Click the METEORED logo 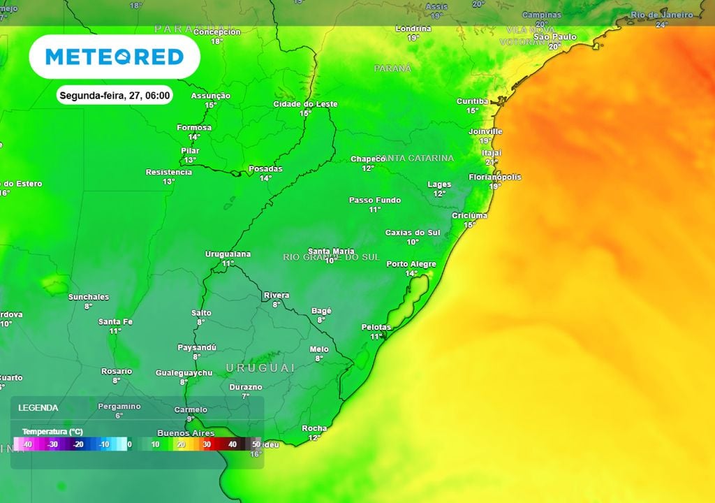point(115,57)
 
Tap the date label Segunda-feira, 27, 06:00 point(115,96)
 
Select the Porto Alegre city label point(411,264)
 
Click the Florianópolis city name point(494,177)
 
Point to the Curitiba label point(472,101)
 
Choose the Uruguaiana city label point(228,254)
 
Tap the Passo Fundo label point(375,201)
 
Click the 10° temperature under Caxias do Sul point(413,242)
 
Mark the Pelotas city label point(376,327)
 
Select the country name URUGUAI point(260,367)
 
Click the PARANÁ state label point(392,68)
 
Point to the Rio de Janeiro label point(662,15)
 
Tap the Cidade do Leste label point(305,104)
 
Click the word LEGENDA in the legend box point(38,407)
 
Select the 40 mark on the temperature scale point(232,444)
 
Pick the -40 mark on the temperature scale point(27,444)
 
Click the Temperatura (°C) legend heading point(52,431)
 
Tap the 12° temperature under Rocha point(314,438)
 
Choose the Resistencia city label point(168,173)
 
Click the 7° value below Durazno point(246,396)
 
